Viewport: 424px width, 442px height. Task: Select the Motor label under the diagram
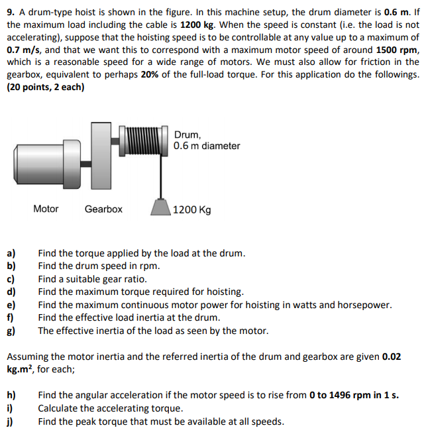pyautogui.click(x=46, y=209)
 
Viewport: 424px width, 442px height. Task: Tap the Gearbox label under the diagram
pyautogui.click(x=103, y=209)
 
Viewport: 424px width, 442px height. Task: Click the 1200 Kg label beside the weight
pyautogui.click(x=193, y=210)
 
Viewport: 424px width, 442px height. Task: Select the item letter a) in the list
pyautogui.click(x=11, y=253)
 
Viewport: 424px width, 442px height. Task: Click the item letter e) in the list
pyautogui.click(x=11, y=305)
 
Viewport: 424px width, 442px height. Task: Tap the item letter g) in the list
pyautogui.click(x=11, y=331)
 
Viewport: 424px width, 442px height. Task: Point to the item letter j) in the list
pyautogui.click(x=11, y=421)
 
